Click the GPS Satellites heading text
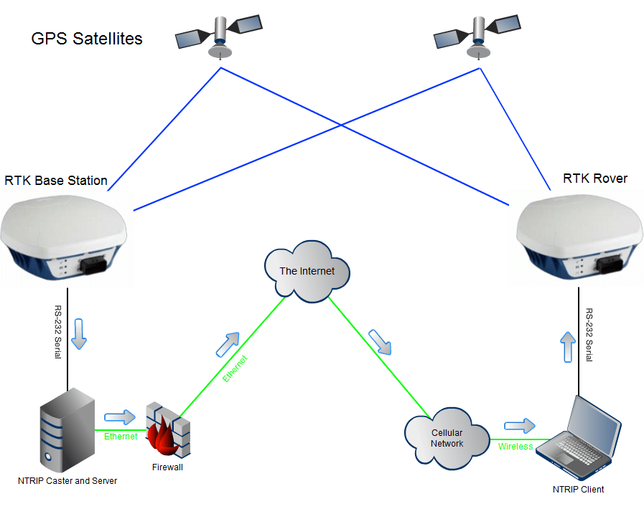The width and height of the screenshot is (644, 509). pyautogui.click(x=87, y=39)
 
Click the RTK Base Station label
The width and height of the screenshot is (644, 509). pyautogui.click(x=56, y=181)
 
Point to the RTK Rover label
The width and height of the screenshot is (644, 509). pyautogui.click(x=595, y=179)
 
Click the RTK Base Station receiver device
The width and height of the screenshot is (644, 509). pyautogui.click(x=64, y=237)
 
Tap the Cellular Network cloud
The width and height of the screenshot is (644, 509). pyautogui.click(x=447, y=438)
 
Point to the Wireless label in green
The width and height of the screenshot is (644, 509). pyautogui.click(x=515, y=447)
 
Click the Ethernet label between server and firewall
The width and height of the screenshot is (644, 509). pyautogui.click(x=121, y=436)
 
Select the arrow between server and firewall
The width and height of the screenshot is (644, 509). pyautogui.click(x=119, y=417)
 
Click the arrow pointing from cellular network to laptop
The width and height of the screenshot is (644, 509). pyautogui.click(x=520, y=426)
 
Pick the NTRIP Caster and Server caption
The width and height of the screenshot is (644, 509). pyautogui.click(x=67, y=480)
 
